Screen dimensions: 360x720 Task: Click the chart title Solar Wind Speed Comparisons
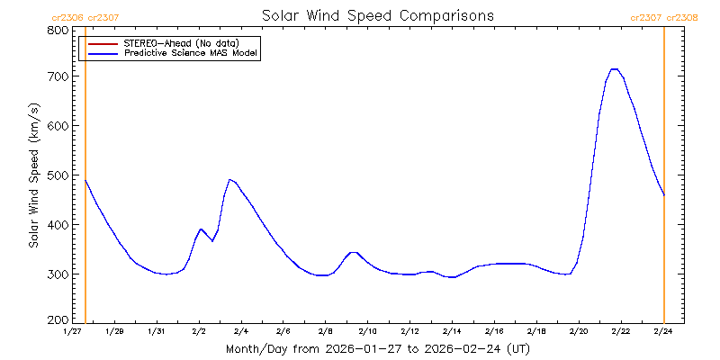click(x=377, y=16)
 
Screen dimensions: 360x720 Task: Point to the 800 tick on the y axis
click(x=58, y=30)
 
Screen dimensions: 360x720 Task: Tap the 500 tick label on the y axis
click(x=58, y=175)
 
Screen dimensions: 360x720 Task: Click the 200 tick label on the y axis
click(x=58, y=320)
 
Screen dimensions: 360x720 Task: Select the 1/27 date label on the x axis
click(x=73, y=331)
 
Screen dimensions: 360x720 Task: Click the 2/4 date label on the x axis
click(x=240, y=331)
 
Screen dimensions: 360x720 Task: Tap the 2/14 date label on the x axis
click(x=452, y=331)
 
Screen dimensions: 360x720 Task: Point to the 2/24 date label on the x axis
click(x=663, y=331)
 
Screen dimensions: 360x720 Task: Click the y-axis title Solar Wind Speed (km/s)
click(x=33, y=175)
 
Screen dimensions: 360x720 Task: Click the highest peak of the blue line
click(x=615, y=68)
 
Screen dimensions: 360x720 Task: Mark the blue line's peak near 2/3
click(x=230, y=179)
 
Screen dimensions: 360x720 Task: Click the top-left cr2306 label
click(x=67, y=16)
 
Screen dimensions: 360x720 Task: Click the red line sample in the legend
click(x=102, y=42)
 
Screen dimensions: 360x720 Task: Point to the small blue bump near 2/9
click(x=354, y=253)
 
